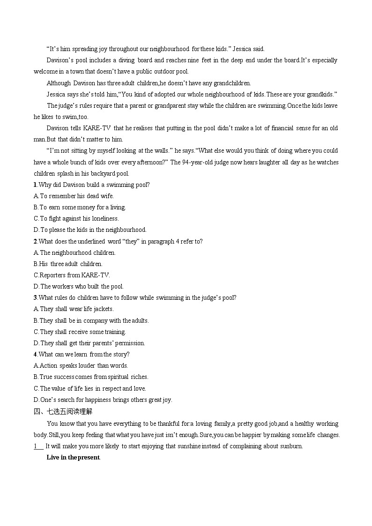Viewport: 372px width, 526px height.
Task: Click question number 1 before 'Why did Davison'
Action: tap(35, 185)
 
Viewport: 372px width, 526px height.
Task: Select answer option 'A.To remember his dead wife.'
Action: tap(74, 196)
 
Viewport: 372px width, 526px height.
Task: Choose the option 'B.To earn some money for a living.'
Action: tap(80, 207)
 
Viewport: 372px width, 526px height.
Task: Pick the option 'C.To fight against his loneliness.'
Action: tap(76, 218)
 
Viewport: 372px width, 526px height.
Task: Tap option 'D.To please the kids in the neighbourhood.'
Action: tap(90, 230)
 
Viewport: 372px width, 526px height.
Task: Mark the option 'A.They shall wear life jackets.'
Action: tap(74, 309)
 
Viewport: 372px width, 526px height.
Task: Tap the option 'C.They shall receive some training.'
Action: tap(80, 332)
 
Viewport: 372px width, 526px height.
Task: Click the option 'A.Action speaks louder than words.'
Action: tap(81, 365)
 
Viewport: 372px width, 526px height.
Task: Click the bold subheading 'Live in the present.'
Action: tap(73, 458)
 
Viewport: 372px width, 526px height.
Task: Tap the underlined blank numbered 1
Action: tap(38, 446)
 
